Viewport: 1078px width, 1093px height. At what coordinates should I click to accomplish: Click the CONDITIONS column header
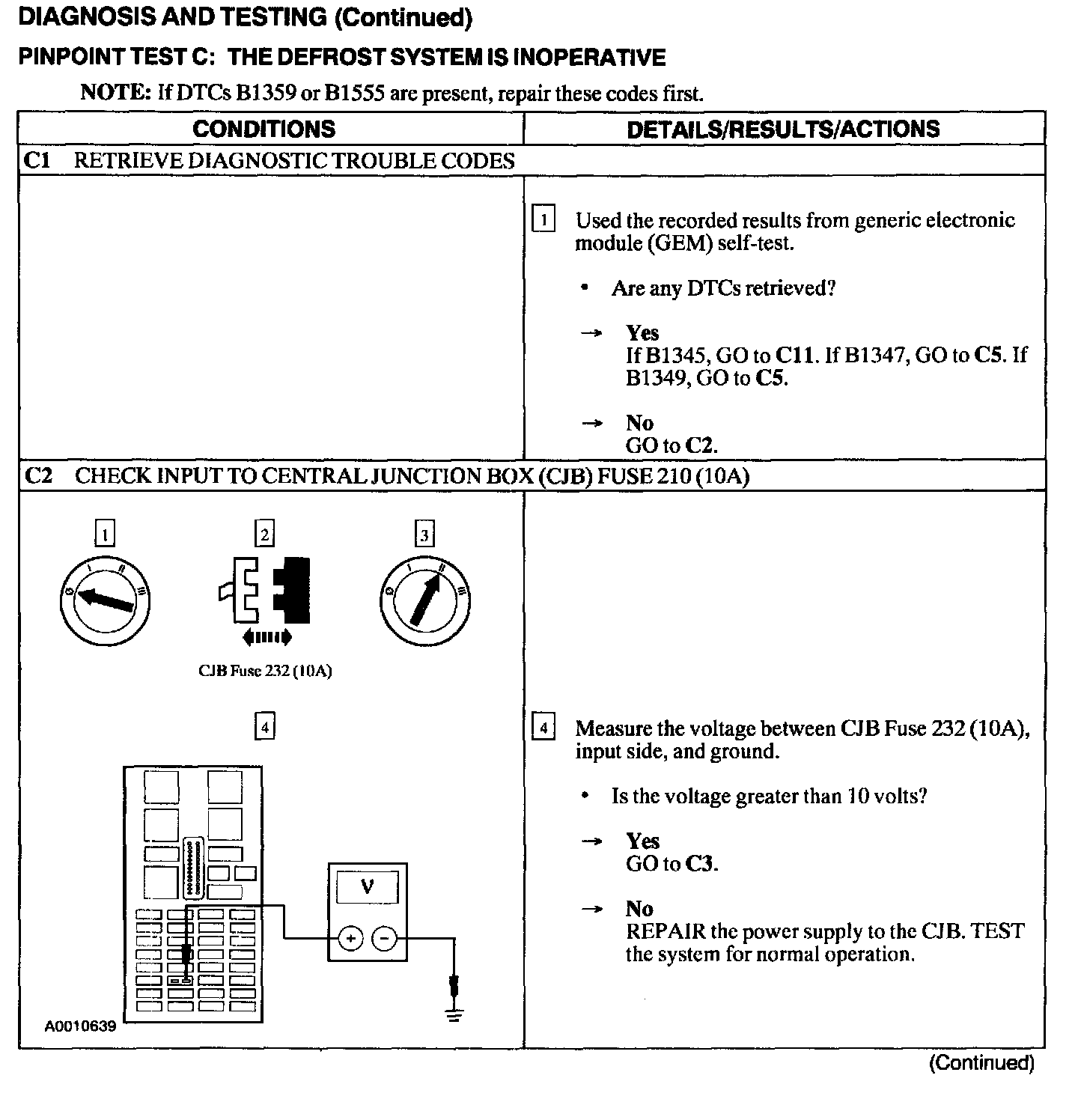coord(264,129)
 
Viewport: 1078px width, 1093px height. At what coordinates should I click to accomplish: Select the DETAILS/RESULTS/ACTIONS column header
coord(783,129)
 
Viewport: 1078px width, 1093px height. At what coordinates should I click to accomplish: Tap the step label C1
coord(37,161)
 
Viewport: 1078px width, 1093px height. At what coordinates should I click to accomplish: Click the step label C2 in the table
coord(38,476)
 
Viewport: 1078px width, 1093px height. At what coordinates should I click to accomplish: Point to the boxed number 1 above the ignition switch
coord(106,535)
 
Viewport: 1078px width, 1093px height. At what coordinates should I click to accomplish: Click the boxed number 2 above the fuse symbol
coord(264,535)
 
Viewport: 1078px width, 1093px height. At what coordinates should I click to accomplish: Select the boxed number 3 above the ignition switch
coord(424,535)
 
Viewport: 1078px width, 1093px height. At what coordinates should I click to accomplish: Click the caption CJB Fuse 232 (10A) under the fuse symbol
coord(264,671)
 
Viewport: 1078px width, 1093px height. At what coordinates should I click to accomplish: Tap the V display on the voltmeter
coord(367,887)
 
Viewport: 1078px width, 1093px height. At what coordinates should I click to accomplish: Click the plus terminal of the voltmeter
coord(350,937)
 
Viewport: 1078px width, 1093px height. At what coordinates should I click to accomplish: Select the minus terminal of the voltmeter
coord(385,937)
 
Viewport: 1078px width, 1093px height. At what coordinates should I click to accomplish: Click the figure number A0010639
coord(80,1026)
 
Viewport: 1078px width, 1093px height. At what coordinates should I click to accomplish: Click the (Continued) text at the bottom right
coord(981,1063)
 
